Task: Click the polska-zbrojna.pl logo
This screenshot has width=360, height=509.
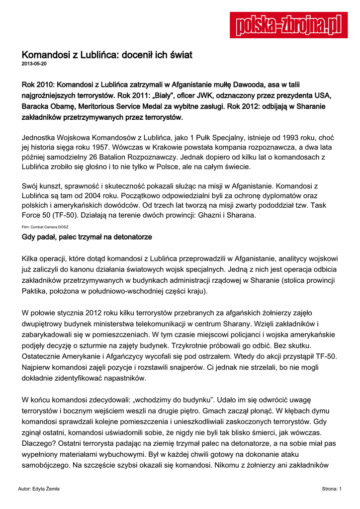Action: [288, 25]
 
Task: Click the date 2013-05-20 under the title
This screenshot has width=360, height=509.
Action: [34, 64]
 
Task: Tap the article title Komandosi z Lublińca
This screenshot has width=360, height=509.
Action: [107, 54]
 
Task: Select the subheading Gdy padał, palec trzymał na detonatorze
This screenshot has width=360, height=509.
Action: [87, 237]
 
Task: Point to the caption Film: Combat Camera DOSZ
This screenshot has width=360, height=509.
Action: [45, 227]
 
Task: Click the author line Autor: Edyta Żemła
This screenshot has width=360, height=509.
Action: [38, 489]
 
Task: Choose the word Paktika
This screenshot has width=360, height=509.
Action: [35, 291]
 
